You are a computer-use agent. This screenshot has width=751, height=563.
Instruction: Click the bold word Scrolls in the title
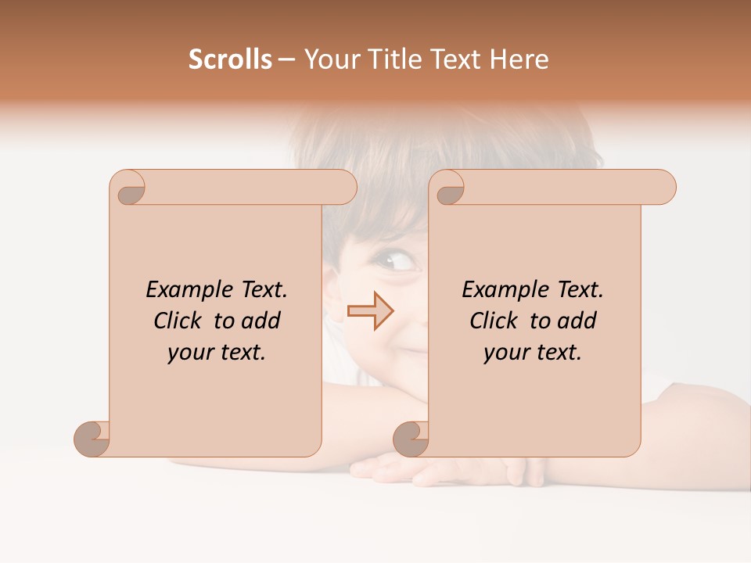tap(230, 59)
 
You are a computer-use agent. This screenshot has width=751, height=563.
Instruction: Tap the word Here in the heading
tap(519, 59)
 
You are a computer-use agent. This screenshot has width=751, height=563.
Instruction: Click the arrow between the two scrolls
tap(370, 311)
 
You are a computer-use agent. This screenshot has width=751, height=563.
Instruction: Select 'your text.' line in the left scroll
tap(217, 353)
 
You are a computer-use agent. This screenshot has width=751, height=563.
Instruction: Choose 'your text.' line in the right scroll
tap(533, 353)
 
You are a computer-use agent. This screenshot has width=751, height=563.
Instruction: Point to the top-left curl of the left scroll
tap(130, 190)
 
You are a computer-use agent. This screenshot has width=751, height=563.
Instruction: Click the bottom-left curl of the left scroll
tap(92, 438)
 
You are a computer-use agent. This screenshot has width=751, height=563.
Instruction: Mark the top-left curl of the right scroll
tap(449, 190)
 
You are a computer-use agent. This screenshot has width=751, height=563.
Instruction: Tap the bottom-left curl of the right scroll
tap(411, 438)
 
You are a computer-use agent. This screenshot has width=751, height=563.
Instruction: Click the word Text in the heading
tap(457, 59)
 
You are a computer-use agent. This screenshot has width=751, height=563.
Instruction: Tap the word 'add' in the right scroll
tap(578, 321)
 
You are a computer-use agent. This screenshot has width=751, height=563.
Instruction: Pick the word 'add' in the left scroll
tap(262, 321)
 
